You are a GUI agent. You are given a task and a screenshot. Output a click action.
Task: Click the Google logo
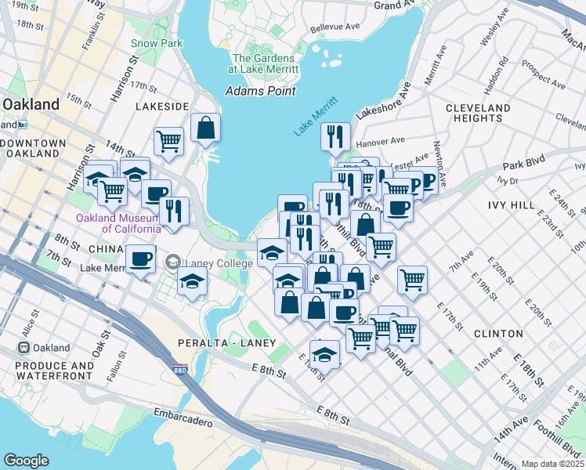(x=26, y=460)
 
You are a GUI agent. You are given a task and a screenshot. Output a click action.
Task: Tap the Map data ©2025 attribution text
(x=552, y=464)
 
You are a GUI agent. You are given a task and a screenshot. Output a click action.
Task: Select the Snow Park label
(x=156, y=44)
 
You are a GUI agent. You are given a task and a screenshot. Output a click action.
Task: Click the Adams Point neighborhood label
(x=260, y=91)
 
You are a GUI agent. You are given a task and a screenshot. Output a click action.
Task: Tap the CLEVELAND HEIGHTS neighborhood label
(x=478, y=113)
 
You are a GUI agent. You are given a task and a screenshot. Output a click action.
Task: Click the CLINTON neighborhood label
(x=498, y=334)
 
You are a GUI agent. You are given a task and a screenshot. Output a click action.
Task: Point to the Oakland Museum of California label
(x=118, y=223)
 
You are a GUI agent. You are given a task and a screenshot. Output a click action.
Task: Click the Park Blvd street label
(x=523, y=166)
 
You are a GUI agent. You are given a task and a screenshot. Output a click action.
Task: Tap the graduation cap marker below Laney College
(x=192, y=280)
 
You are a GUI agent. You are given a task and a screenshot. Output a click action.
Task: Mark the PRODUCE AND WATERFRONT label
(x=50, y=371)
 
